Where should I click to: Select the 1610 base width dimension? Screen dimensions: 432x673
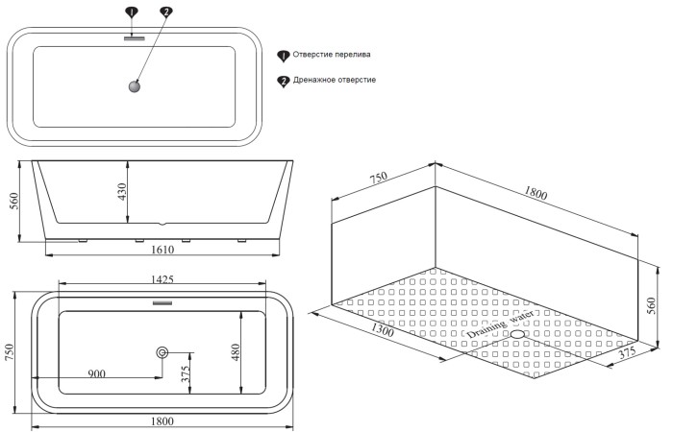click(162, 251)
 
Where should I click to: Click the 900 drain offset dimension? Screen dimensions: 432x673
click(98, 373)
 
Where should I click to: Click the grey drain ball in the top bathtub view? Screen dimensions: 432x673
click(133, 87)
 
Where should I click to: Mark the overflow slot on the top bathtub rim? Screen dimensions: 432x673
click(134, 39)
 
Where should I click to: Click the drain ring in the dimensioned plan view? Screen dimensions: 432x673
click(162, 352)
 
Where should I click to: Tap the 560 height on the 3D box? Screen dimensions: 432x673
click(650, 304)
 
